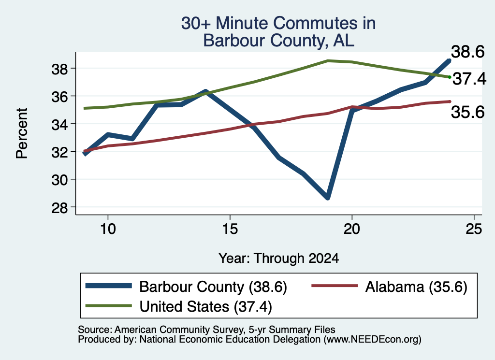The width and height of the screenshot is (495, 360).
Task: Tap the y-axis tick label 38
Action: coord(59,69)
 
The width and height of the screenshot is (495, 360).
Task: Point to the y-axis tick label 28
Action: coord(59,208)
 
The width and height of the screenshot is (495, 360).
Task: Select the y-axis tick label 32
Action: coord(59,152)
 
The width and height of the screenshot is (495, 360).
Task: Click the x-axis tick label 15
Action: coord(230,229)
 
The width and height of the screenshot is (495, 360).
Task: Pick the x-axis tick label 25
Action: coord(474,229)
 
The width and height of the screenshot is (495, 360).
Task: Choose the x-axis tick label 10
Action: coord(108,229)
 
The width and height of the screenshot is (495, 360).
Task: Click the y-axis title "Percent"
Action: coord(22,133)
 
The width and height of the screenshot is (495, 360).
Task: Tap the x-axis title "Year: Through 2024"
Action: coord(279,258)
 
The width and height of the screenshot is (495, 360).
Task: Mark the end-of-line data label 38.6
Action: coord(467,52)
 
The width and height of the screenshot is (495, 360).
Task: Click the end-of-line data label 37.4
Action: coord(469,79)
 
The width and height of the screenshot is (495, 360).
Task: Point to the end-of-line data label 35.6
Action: coord(467,112)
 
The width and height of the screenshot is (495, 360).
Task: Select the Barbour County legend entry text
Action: coord(213,287)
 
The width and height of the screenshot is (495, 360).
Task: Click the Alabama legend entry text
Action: coord(416,287)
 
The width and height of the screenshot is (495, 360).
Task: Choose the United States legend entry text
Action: coord(205,307)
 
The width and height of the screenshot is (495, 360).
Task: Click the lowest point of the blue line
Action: coord(327,198)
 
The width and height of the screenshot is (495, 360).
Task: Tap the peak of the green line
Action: coord(328,60)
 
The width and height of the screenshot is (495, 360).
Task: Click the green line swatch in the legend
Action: coord(109,305)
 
